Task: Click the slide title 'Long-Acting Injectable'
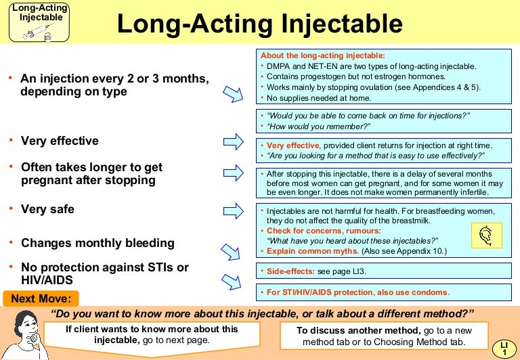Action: click(x=259, y=24)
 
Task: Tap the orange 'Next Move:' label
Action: click(x=41, y=298)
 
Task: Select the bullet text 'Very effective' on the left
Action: click(x=60, y=141)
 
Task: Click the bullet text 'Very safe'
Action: click(x=47, y=209)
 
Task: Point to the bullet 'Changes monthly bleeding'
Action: click(x=97, y=242)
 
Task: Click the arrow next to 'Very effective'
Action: click(x=234, y=141)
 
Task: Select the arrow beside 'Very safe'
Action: click(x=234, y=210)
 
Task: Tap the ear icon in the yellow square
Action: click(x=485, y=235)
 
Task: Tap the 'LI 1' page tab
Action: click(x=504, y=348)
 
